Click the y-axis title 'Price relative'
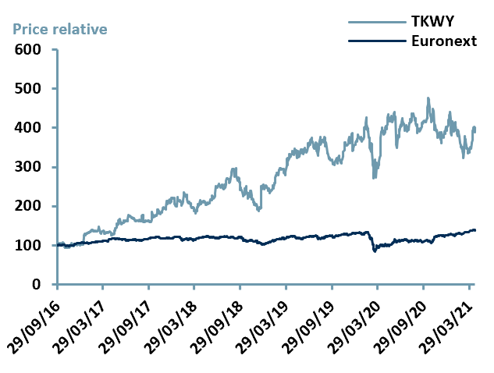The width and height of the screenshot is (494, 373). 59,29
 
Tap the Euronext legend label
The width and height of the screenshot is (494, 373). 443,41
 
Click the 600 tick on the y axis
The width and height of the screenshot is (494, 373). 30,49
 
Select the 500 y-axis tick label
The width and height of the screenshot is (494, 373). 30,88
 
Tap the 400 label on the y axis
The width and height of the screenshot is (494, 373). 30,127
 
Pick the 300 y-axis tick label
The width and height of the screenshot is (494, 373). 30,167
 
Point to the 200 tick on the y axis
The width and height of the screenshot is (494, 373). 30,206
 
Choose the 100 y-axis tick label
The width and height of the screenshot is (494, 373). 30,245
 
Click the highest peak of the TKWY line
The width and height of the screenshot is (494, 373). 428,98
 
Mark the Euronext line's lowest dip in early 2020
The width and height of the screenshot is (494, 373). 375,250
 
